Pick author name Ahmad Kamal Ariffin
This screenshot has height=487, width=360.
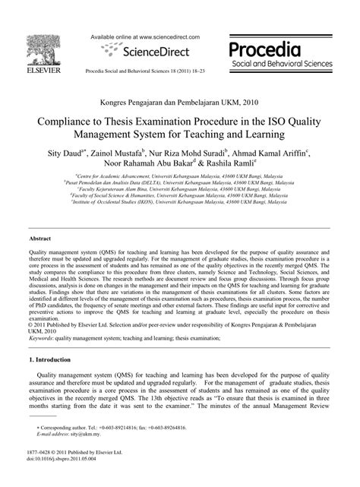point(267,152)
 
